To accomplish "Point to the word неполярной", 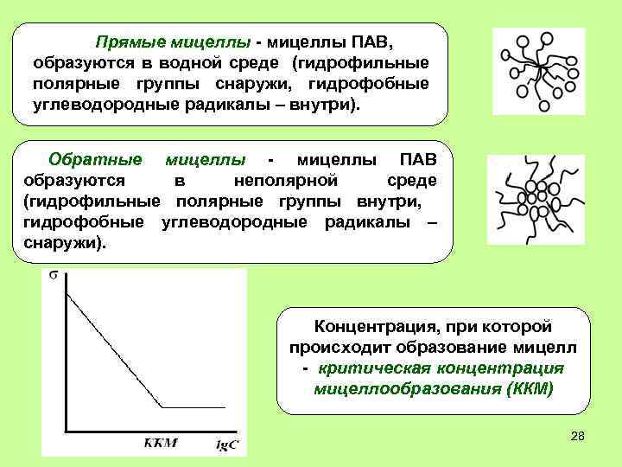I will pos(284,181).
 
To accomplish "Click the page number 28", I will pos(578,438).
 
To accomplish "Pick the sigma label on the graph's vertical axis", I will pos(54,277).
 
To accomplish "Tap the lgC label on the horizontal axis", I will pos(227,445).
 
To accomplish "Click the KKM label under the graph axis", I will pos(160,444).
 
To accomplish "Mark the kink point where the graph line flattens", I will pos(162,406).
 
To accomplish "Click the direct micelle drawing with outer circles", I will pos(537,70).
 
